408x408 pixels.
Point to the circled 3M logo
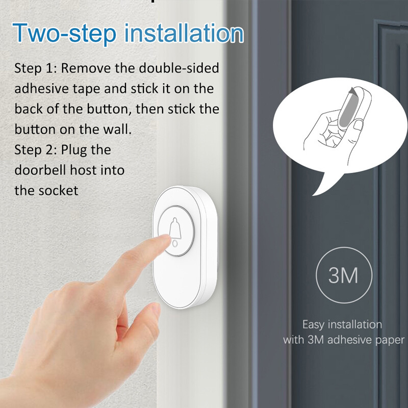pos(343,275)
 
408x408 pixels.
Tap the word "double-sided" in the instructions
pos(181,68)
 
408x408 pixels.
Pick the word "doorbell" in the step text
pos(39,170)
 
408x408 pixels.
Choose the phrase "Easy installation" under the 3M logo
pos(342,324)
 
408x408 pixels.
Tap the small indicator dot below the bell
pos(176,244)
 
